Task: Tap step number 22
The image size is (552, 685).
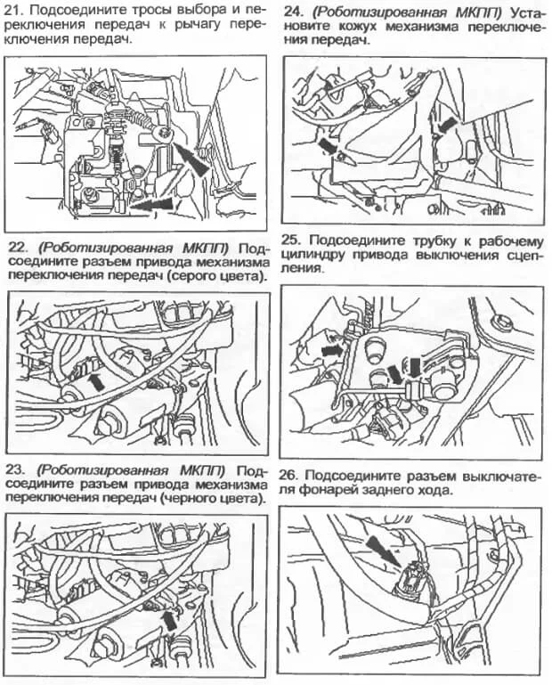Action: tap(17, 248)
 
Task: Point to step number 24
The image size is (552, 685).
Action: tap(291, 12)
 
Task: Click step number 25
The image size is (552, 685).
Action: tap(289, 241)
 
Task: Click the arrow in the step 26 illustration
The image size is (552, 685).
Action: tap(383, 551)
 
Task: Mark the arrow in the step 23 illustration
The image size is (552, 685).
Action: tap(171, 620)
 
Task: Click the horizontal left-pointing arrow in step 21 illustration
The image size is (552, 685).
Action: tap(152, 204)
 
